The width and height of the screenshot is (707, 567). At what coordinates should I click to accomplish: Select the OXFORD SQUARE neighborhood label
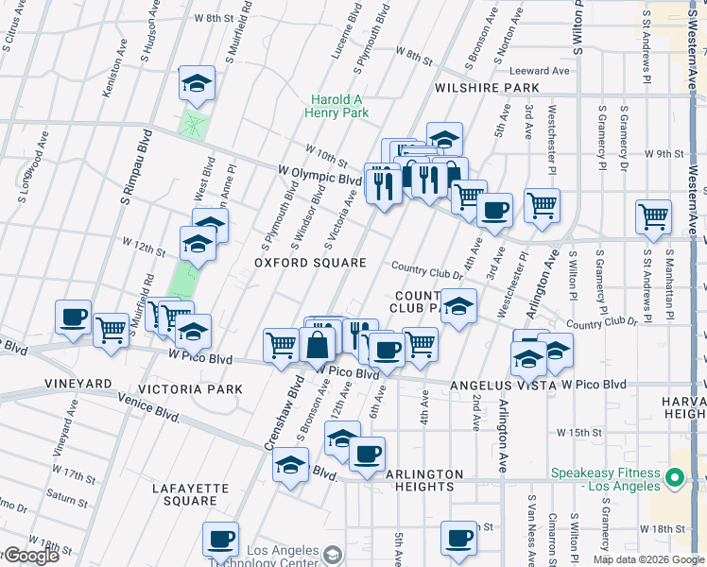(312, 263)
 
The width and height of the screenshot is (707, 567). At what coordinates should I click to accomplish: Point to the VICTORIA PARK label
(191, 389)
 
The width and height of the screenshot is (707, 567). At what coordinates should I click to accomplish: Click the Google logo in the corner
(30, 556)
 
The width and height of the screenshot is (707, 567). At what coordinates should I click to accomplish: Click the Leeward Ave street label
(540, 71)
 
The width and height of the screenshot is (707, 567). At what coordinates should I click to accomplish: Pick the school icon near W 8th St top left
(197, 86)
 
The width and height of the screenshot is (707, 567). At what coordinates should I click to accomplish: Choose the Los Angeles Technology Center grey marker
(332, 554)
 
